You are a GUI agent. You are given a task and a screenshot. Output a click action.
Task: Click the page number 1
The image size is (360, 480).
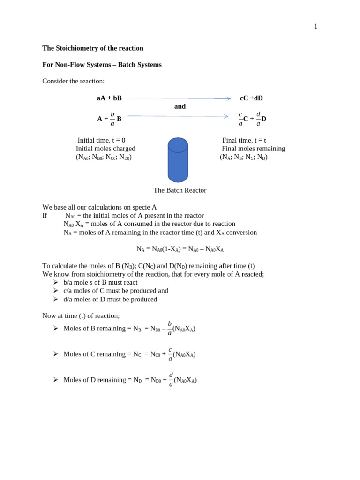[x=315, y=27]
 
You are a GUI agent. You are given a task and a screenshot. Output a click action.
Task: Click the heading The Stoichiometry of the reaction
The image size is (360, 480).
[x=93, y=48]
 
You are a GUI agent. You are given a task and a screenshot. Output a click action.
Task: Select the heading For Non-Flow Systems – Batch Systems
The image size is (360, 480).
[x=102, y=65]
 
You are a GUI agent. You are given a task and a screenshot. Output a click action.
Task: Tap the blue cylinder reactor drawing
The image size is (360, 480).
[x=178, y=160]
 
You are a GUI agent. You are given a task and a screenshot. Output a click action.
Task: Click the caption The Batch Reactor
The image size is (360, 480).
[x=180, y=190]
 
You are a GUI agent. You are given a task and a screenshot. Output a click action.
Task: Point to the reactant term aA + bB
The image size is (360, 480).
[x=109, y=98]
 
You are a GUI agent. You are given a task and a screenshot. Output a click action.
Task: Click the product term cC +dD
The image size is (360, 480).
[x=251, y=98]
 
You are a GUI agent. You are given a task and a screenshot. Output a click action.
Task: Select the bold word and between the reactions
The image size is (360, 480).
[x=180, y=107]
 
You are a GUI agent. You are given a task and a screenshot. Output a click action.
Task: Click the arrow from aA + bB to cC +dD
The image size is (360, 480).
[x=180, y=98]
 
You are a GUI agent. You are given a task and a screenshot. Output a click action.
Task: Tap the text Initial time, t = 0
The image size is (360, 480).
[x=101, y=141]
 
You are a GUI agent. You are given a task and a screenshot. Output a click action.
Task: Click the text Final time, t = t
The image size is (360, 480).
[x=244, y=141]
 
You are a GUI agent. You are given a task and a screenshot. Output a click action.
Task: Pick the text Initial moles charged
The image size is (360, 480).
[x=105, y=149]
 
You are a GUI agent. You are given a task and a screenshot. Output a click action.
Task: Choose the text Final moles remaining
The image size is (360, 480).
[x=253, y=149]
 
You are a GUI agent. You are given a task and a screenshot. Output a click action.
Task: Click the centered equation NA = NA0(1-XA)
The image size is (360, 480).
[x=180, y=249]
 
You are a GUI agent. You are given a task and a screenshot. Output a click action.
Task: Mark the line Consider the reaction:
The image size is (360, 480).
[x=73, y=81]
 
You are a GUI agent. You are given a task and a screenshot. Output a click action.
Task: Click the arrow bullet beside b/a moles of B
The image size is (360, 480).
[x=55, y=282]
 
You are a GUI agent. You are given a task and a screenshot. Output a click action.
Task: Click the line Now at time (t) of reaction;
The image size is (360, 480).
[x=81, y=316]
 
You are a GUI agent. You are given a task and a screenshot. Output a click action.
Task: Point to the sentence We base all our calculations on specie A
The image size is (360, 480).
[x=99, y=207]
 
